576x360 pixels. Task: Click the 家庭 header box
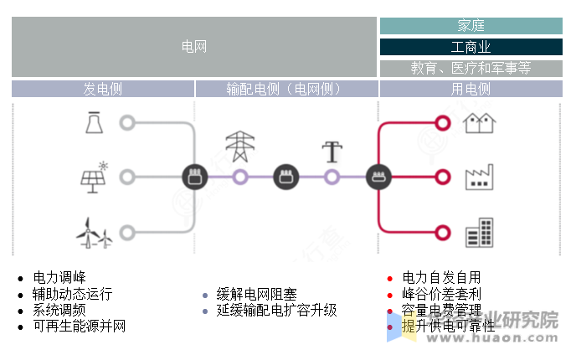[471, 26]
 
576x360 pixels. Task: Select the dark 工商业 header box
[471, 47]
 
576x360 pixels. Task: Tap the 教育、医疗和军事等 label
[471, 68]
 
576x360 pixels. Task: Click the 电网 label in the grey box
[194, 47]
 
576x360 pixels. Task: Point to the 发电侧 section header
[103, 89]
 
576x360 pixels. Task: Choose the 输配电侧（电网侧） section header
[286, 89]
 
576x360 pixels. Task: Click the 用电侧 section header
[471, 89]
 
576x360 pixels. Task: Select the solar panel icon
[94, 177]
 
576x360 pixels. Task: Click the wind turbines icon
[94, 232]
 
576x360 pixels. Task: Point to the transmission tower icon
[240, 147]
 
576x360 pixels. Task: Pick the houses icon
[480, 123]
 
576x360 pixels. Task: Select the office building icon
[480, 232]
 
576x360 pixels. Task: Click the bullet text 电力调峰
[59, 277]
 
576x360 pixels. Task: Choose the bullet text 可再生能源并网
[80, 326]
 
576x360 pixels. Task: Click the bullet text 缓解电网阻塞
[257, 294]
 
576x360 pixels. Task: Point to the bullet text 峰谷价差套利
[442, 294]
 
